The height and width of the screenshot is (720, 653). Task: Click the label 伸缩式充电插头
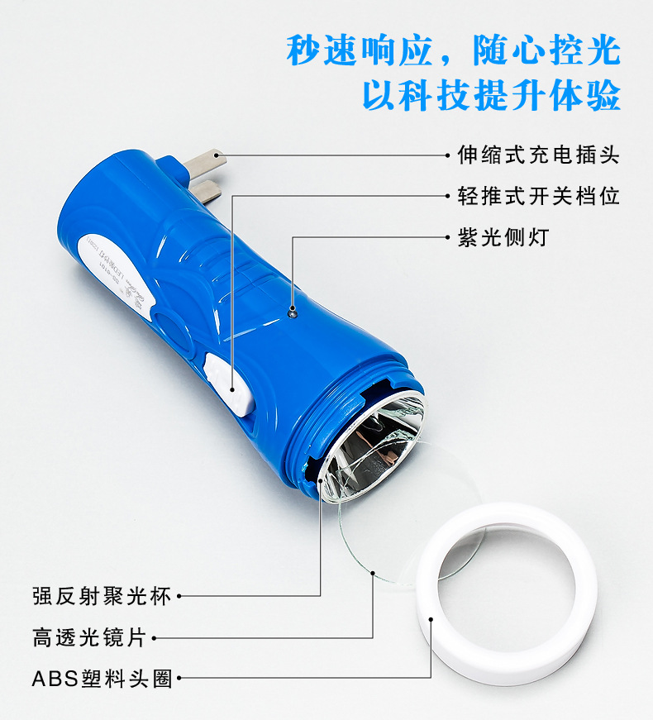point(538,155)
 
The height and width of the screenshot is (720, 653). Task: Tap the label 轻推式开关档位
point(538,196)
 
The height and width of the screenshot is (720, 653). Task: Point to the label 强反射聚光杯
point(102,595)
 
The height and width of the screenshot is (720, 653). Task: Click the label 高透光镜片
point(89,637)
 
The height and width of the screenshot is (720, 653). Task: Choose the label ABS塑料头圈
point(102,679)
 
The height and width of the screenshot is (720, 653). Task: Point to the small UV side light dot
point(292,311)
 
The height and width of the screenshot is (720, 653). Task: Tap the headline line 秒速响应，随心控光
point(453,51)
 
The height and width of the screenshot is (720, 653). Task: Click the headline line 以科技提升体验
point(491,95)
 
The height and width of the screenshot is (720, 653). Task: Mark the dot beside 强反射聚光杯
point(179,595)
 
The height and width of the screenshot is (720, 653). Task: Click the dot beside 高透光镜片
point(155,637)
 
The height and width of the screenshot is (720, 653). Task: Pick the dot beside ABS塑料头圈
point(179,679)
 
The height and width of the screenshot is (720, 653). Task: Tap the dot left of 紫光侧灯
point(447,237)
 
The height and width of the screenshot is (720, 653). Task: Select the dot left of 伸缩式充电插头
point(447,155)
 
